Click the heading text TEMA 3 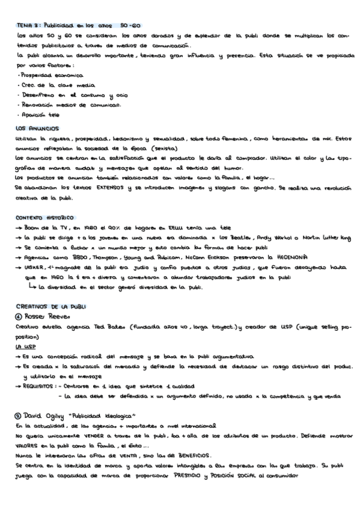pos(28,26)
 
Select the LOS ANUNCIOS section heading pos(37,128)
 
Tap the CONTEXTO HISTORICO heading pos(45,217)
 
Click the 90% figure pos(120,229)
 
